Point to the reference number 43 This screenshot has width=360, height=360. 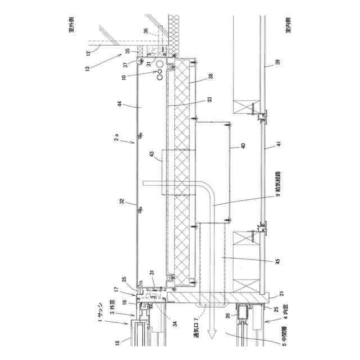[x=151, y=154]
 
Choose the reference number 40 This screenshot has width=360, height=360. [x=244, y=146]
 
